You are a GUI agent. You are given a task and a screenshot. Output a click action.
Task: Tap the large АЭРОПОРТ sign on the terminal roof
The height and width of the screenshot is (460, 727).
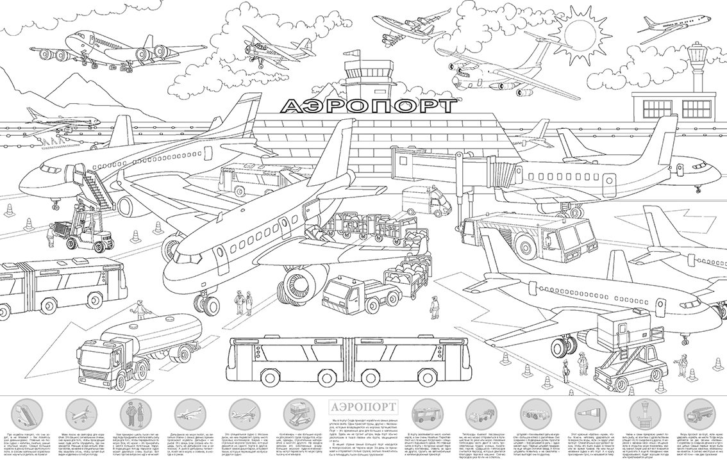point(368,106)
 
